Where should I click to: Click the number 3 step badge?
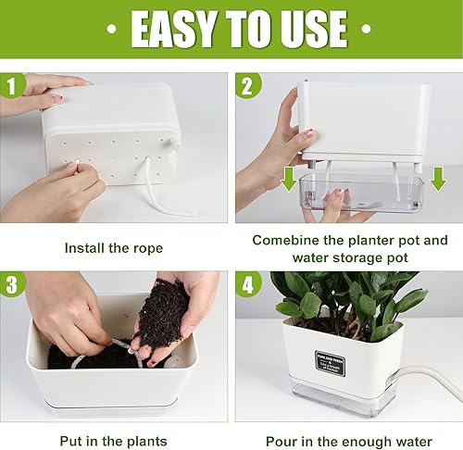coord(12,285)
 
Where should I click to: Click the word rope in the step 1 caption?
coord(146,248)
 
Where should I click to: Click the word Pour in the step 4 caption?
coord(282,442)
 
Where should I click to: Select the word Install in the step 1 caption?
coord(84,248)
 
